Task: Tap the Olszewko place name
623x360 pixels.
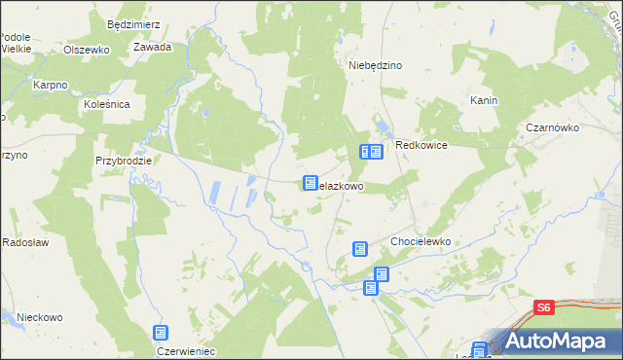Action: coord(86,49)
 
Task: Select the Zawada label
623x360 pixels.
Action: coord(153,47)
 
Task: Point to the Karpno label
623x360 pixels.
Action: coord(50,86)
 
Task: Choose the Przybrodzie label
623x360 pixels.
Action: coord(124,160)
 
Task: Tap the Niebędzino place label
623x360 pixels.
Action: coord(376,65)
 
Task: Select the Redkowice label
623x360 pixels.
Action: coord(421,145)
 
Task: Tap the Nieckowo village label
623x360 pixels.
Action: coord(39,317)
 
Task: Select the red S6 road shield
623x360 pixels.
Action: coord(544,307)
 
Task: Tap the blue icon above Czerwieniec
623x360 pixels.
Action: coord(161,333)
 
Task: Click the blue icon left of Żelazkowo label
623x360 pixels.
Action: coord(311,183)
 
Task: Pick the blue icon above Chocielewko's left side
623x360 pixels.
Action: coord(360,249)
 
